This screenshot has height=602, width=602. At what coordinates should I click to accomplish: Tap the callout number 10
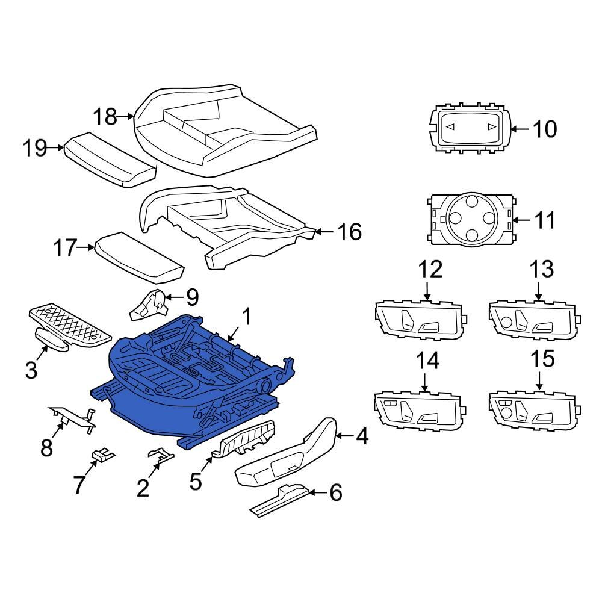tap(544, 129)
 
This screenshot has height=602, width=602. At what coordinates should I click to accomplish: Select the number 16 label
tap(349, 232)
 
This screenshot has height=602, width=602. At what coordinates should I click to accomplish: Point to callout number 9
tap(192, 297)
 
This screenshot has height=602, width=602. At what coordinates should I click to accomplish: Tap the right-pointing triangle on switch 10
tap(491, 126)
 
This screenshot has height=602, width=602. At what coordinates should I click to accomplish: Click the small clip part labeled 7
tap(102, 455)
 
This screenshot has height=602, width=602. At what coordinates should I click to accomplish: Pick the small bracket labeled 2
tap(161, 454)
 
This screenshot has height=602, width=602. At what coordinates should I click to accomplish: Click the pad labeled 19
tap(110, 160)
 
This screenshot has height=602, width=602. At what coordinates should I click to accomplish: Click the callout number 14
tap(427, 361)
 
